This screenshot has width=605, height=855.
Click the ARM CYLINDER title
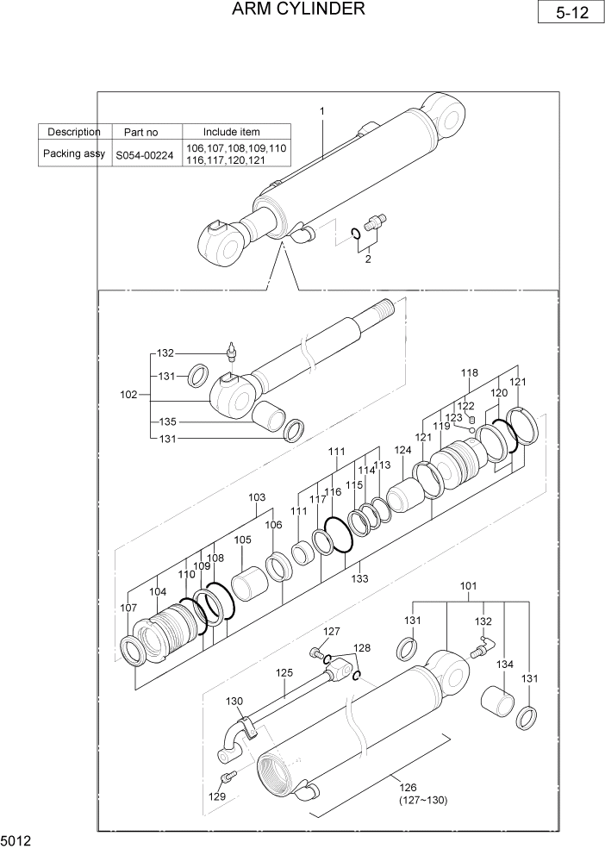pyautogui.click(x=298, y=9)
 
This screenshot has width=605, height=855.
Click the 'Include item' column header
pyautogui.click(x=231, y=132)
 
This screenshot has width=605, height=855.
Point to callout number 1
pyautogui.click(x=321, y=111)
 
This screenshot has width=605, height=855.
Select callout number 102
pyautogui.click(x=128, y=395)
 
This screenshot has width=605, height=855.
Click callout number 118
pyautogui.click(x=469, y=373)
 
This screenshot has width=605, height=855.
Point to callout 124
pyautogui.click(x=402, y=450)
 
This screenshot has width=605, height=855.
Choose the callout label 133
pyautogui.click(x=360, y=579)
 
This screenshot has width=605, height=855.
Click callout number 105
pyautogui.click(x=242, y=540)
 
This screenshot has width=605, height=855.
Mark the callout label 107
pyautogui.click(x=128, y=608)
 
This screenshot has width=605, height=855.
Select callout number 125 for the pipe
pyautogui.click(x=284, y=672)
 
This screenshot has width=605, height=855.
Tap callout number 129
pyautogui.click(x=217, y=796)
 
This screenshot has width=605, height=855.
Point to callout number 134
pyautogui.click(x=504, y=665)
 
